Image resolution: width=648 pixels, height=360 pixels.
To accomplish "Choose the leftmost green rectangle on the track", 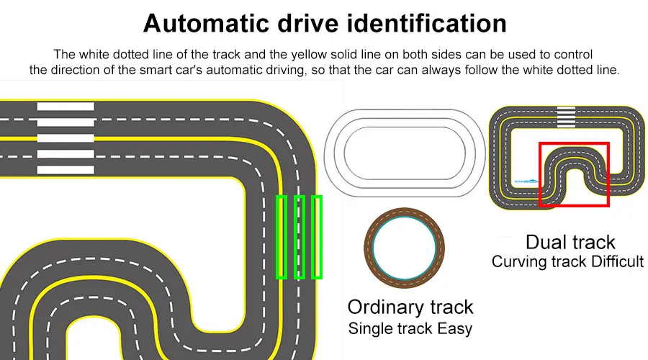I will coord(282,237).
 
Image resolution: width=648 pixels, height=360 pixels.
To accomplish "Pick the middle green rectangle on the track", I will coord(300,237).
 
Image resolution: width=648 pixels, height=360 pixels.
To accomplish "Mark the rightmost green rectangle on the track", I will coord(316,237).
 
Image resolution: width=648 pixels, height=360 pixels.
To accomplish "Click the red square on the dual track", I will coord(574,174).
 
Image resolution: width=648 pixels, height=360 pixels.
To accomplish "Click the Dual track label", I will coord(570,242).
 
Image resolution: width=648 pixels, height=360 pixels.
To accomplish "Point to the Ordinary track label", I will coord(410,307).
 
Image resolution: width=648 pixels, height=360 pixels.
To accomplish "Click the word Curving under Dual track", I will coord(520,261).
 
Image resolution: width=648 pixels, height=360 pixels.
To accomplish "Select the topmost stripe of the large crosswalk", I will coord(66,107).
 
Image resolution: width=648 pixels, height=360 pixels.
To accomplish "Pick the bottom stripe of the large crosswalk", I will coord(66,170).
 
